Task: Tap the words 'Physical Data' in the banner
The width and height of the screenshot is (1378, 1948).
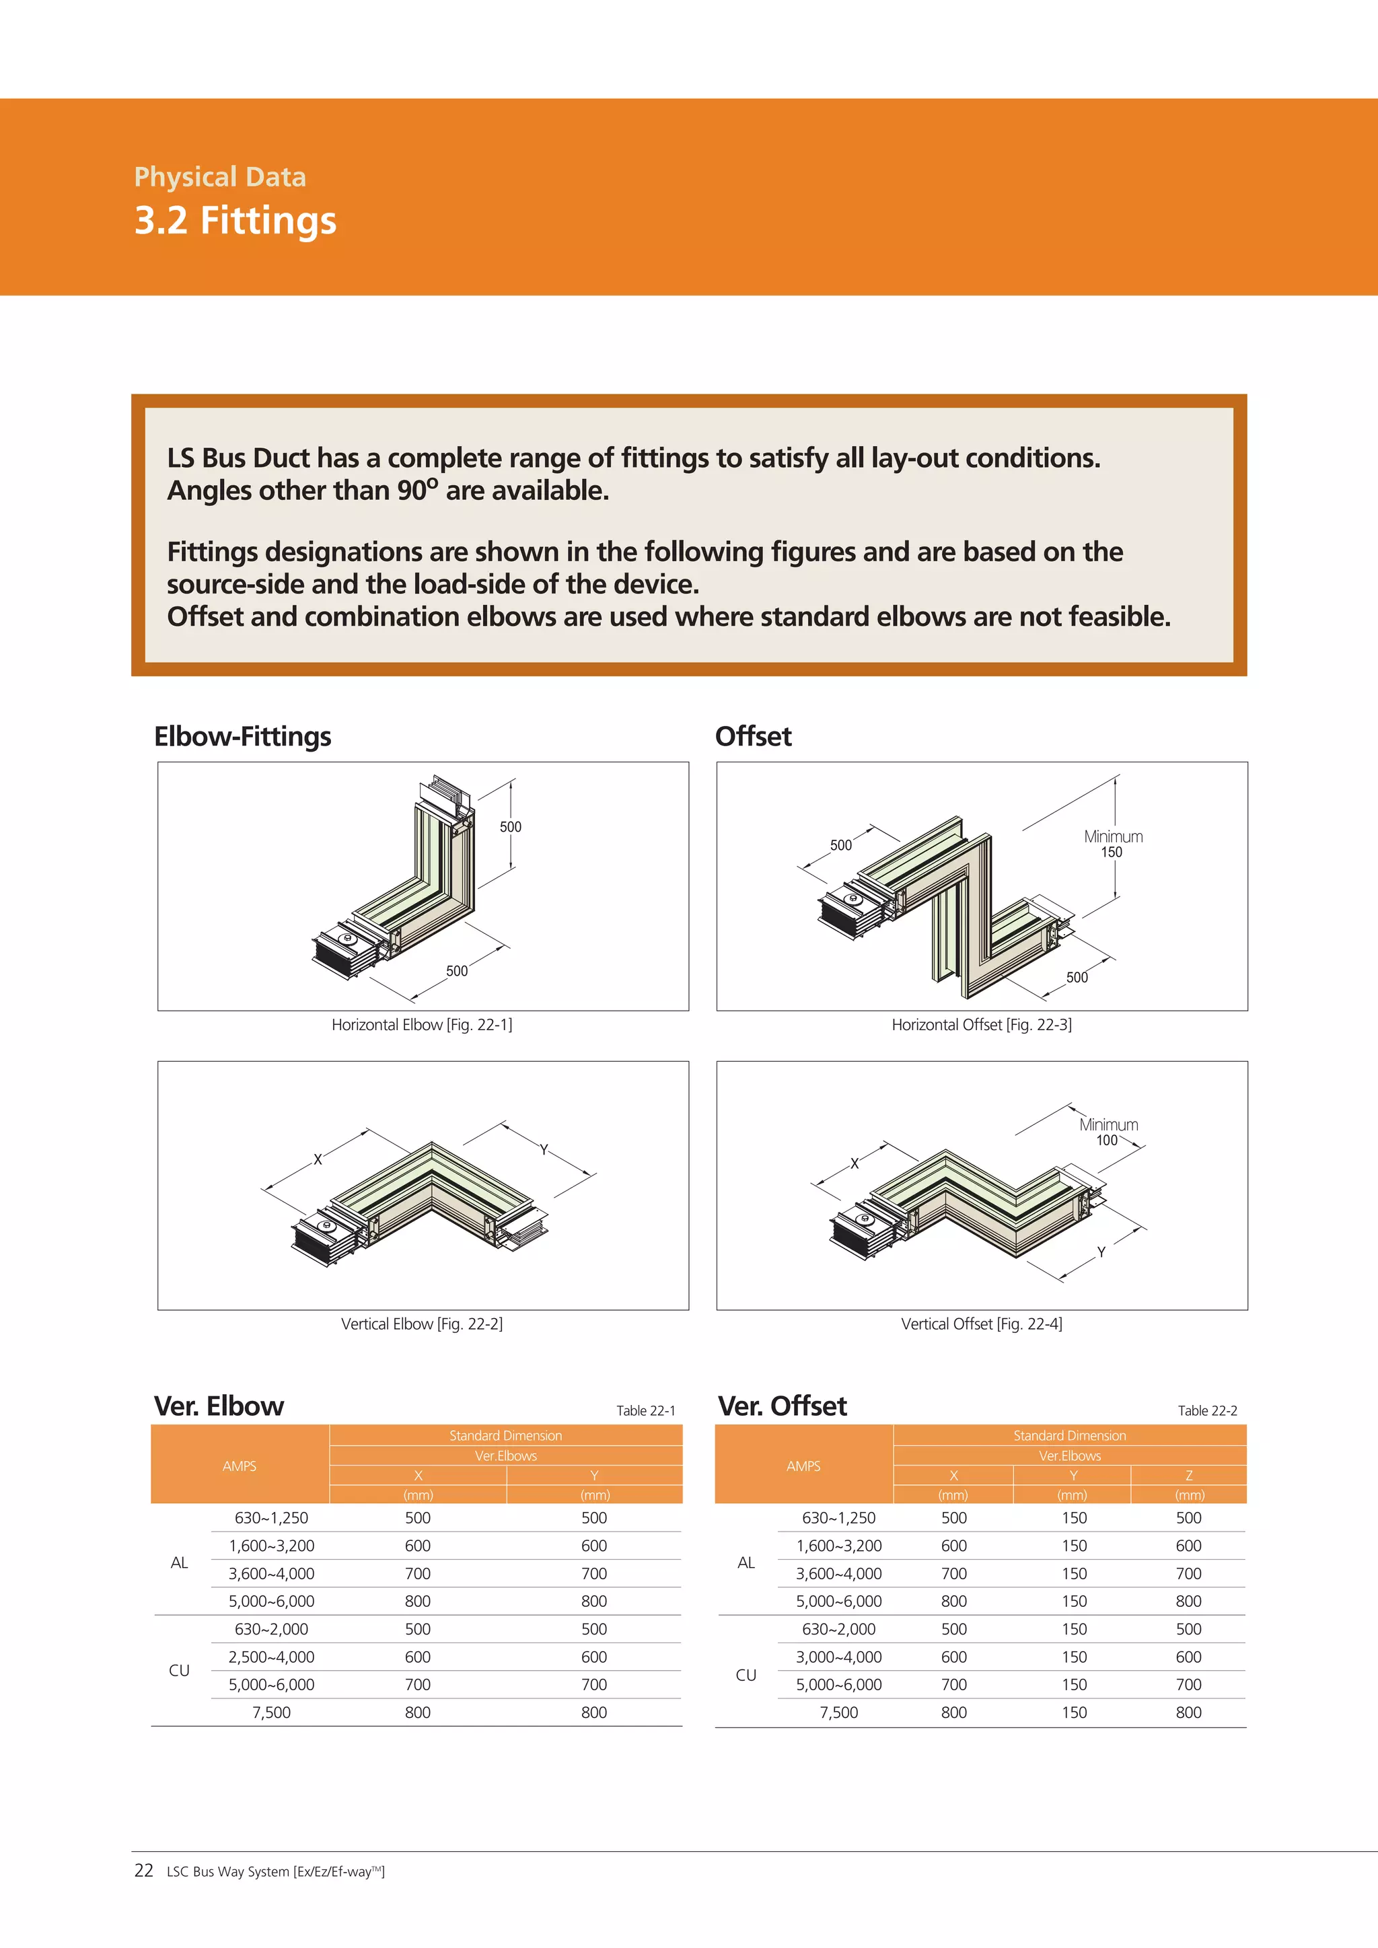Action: [x=220, y=176]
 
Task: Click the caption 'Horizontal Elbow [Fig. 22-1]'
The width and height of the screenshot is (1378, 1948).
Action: [x=422, y=1025]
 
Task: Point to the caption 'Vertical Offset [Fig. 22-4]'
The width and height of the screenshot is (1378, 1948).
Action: [x=981, y=1324]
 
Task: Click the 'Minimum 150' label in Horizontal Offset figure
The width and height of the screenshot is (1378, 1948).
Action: [x=1112, y=844]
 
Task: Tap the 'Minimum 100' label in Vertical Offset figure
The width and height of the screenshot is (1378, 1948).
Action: [x=1108, y=1132]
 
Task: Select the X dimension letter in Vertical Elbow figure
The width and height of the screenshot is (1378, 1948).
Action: [x=318, y=1159]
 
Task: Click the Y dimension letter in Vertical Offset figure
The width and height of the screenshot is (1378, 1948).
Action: [x=1101, y=1252]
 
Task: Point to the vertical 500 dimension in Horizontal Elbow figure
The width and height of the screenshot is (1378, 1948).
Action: [x=510, y=826]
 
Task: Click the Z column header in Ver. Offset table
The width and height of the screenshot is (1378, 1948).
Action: [x=1188, y=1476]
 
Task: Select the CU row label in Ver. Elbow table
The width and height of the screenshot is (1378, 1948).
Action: [x=179, y=1671]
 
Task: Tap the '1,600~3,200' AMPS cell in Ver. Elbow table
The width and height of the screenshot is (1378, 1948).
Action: [x=272, y=1546]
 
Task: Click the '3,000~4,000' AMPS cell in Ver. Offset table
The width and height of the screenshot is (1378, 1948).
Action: [x=838, y=1657]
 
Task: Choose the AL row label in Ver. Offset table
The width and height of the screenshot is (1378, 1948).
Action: [x=746, y=1563]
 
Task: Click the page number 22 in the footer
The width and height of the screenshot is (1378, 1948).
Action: [x=143, y=1870]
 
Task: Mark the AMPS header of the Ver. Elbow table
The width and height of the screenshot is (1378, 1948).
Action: [x=240, y=1466]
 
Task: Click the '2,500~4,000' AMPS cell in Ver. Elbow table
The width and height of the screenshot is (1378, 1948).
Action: [x=272, y=1657]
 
